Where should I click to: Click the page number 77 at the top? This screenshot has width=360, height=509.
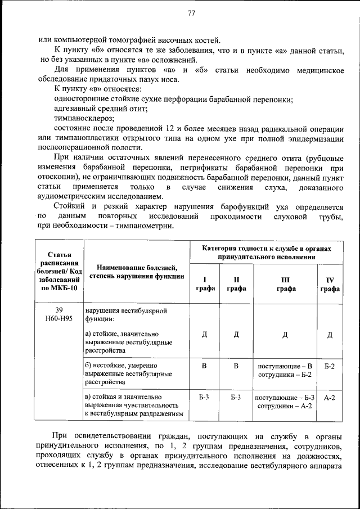pos(191,14)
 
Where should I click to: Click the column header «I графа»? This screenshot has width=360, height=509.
pos(204,284)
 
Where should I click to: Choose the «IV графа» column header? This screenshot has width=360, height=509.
pos(330,284)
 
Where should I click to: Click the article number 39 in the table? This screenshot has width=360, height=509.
pos(59,310)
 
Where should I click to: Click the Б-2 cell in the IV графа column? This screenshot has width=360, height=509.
pos(330,366)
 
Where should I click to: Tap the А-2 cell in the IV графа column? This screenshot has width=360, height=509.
pos(330,398)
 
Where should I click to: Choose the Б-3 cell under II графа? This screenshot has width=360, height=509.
pos(236,398)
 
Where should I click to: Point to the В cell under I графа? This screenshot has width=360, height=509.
pos(204,366)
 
